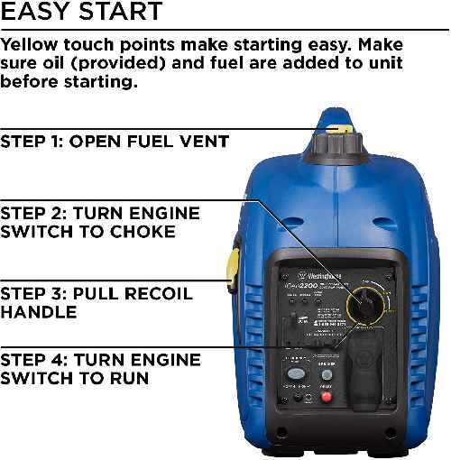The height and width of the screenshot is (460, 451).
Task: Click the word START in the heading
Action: pos(121,13)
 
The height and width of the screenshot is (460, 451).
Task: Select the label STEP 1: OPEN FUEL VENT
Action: pos(115,142)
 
